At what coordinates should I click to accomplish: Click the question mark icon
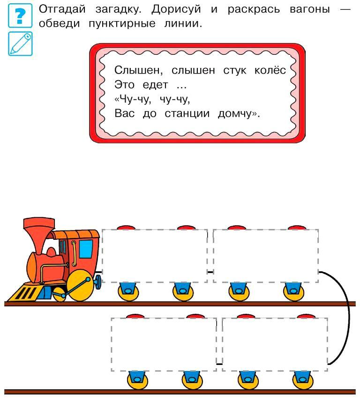click(x=20, y=15)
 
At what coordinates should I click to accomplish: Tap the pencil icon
click(x=20, y=44)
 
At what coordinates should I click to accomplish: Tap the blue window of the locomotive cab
click(x=85, y=249)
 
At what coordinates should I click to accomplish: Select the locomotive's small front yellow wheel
click(x=60, y=294)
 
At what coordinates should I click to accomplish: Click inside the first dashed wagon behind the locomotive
click(x=154, y=255)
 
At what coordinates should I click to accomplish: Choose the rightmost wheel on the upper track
click(x=294, y=291)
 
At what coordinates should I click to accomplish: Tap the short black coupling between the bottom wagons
click(x=219, y=363)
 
